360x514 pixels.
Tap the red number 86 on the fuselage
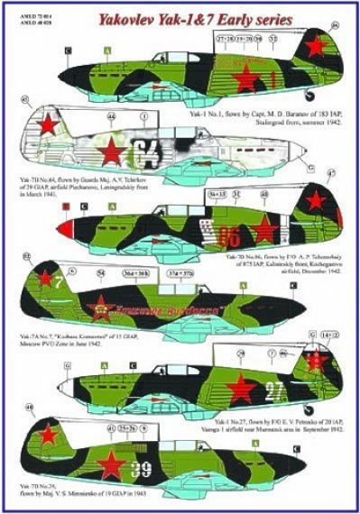click(x=228, y=237)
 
